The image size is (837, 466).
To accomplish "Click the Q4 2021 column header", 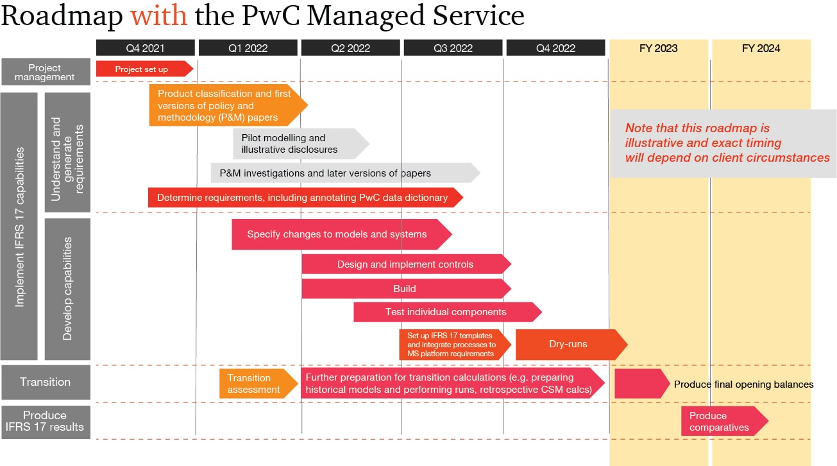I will point(145,48).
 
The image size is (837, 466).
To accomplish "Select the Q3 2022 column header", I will point(453,48).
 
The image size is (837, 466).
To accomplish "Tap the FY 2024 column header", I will point(761,48).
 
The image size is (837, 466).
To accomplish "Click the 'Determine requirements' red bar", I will point(302,198).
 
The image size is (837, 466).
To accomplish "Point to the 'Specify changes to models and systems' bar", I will point(337,234).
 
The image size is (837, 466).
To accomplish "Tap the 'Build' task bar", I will point(404,289).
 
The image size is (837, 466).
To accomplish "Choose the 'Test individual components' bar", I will point(446,313).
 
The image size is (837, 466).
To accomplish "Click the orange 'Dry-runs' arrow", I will point(568,345).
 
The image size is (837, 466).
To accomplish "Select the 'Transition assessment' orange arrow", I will point(255,383).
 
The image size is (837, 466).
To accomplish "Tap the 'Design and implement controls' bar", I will point(405,264).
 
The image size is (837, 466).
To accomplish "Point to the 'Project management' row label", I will point(45,73).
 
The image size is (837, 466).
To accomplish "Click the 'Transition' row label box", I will point(45,383).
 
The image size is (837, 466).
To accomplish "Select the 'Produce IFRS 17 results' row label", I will point(45,422).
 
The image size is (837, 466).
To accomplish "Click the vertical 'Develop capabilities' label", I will point(67,289).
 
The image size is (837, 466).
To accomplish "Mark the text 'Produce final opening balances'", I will point(743,384).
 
